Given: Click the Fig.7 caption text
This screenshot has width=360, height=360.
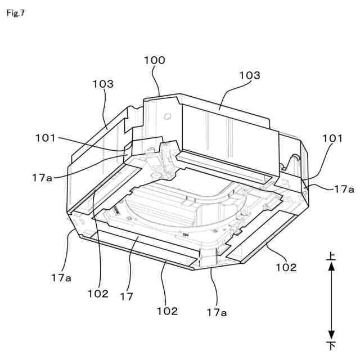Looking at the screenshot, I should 16,12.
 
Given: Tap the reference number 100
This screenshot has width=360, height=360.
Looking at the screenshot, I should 155,60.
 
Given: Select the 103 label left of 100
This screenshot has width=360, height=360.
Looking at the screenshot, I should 103,84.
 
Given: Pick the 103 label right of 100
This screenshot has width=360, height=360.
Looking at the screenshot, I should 249,75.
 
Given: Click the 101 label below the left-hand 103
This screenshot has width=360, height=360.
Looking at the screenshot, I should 46,137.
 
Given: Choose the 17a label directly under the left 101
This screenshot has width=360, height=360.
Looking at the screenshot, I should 42,177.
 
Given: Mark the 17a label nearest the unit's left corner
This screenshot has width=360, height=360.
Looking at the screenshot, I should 60,277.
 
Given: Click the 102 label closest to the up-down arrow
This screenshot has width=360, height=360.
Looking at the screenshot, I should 286,268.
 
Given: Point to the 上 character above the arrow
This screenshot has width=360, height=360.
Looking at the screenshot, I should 332,256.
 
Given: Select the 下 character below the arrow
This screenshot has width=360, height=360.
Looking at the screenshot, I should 332,344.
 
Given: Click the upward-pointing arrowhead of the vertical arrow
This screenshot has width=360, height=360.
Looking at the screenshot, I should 332,268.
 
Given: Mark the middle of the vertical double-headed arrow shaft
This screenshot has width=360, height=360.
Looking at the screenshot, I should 332,300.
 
